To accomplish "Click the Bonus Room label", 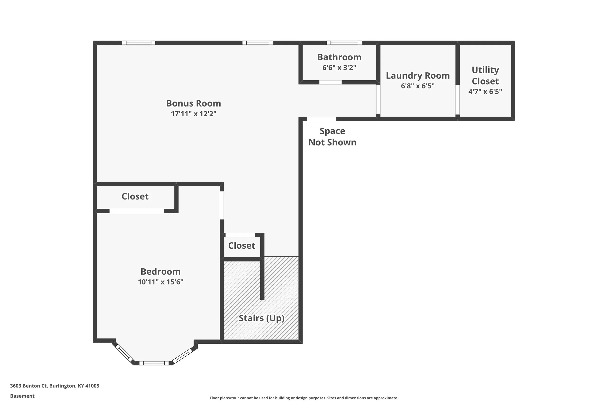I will point(193,104).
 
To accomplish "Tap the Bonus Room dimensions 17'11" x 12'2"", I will point(193,114).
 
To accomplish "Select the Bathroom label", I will point(339,57).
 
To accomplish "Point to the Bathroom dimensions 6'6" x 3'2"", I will point(339,67).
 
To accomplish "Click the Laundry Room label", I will point(418,76).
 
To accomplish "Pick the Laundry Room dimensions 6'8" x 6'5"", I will point(418,86).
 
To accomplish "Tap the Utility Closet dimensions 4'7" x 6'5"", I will point(485,92).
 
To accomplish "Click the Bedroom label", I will point(161,272).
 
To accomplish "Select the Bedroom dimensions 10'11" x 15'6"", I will point(161,282).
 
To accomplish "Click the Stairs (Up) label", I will point(261,318).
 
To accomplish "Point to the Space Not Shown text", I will point(332,137).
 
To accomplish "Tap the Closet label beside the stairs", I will point(241,245).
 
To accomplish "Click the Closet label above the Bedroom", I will point(135,197).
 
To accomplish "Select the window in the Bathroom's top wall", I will point(344,43).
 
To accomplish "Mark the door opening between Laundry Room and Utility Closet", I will point(457,100).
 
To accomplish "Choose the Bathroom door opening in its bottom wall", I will point(330,82).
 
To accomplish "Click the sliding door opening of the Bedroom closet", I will point(136,211).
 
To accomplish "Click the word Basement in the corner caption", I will point(22,396).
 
